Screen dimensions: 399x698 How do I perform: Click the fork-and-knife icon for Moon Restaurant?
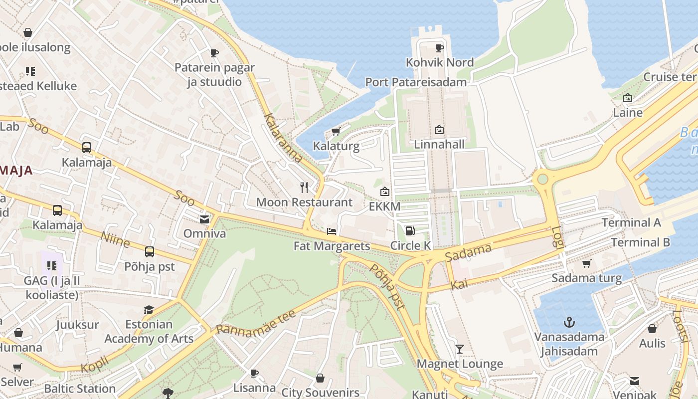(x=304, y=188)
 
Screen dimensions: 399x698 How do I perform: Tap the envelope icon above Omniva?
(x=204, y=219)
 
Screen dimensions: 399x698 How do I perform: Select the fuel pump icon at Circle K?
(x=410, y=230)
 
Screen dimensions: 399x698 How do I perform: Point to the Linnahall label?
(x=439, y=145)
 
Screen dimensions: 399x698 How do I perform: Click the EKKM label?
(x=384, y=206)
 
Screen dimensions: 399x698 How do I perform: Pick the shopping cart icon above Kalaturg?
(x=336, y=132)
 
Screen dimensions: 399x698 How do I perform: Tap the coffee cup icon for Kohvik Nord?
(x=439, y=48)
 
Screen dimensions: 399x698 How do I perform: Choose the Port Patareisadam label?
(x=416, y=82)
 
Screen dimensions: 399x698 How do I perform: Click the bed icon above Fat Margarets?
(x=332, y=231)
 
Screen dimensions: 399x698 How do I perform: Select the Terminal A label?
(x=631, y=223)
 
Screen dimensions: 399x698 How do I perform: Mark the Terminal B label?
(x=640, y=243)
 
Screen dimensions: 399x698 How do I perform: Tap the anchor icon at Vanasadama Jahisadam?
(x=569, y=322)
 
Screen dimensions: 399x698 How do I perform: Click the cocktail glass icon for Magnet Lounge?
(x=460, y=349)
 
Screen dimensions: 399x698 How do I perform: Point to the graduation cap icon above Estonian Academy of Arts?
(x=149, y=310)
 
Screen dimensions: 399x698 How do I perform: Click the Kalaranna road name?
(x=283, y=138)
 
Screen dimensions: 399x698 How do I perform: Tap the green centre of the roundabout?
(x=542, y=179)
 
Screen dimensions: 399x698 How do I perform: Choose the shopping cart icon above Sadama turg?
(x=586, y=263)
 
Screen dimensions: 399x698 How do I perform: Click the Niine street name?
(x=115, y=239)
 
